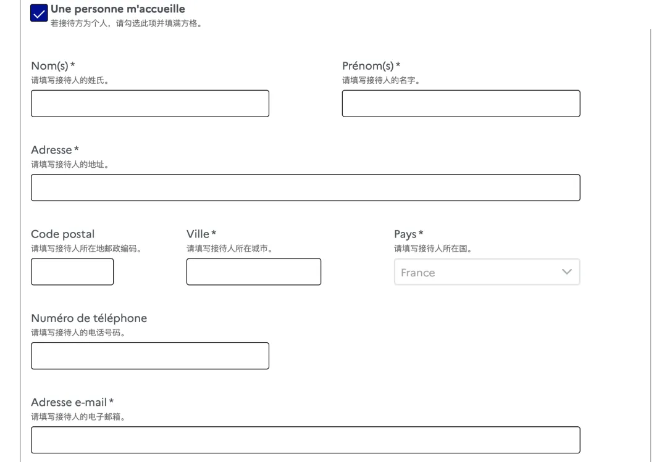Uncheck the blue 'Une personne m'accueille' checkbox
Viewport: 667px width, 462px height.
pyautogui.click(x=39, y=13)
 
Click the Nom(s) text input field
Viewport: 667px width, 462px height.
pyautogui.click(x=149, y=103)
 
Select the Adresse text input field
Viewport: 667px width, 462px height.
pyautogui.click(x=306, y=188)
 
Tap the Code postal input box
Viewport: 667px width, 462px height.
pyautogui.click(x=72, y=271)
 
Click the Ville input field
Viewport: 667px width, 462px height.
pyautogui.click(x=254, y=271)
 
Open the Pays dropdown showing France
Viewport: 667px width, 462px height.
pyautogui.click(x=487, y=271)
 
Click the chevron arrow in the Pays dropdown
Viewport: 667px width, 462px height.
pyautogui.click(x=566, y=271)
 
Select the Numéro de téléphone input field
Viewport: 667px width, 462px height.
pyautogui.click(x=149, y=356)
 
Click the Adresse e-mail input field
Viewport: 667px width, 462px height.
pyautogui.click(x=306, y=440)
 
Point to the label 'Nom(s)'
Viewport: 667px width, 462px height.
pyautogui.click(x=50, y=66)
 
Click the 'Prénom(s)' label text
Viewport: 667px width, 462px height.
pyautogui.click(x=368, y=66)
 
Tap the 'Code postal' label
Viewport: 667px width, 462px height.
pyautogui.click(x=63, y=234)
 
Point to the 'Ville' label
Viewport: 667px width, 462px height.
pyautogui.click(x=198, y=234)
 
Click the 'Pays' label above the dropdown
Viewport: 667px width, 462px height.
pyautogui.click(x=405, y=234)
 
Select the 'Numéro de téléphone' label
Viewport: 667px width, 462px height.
pyautogui.click(x=89, y=318)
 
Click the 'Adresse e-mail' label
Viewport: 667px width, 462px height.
pyautogui.click(x=69, y=402)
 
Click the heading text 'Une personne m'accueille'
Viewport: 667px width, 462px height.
pyautogui.click(x=118, y=9)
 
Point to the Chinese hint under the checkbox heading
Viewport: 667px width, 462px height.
pyautogui.click(x=127, y=23)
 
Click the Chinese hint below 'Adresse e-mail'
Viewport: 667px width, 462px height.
pyautogui.click(x=78, y=417)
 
